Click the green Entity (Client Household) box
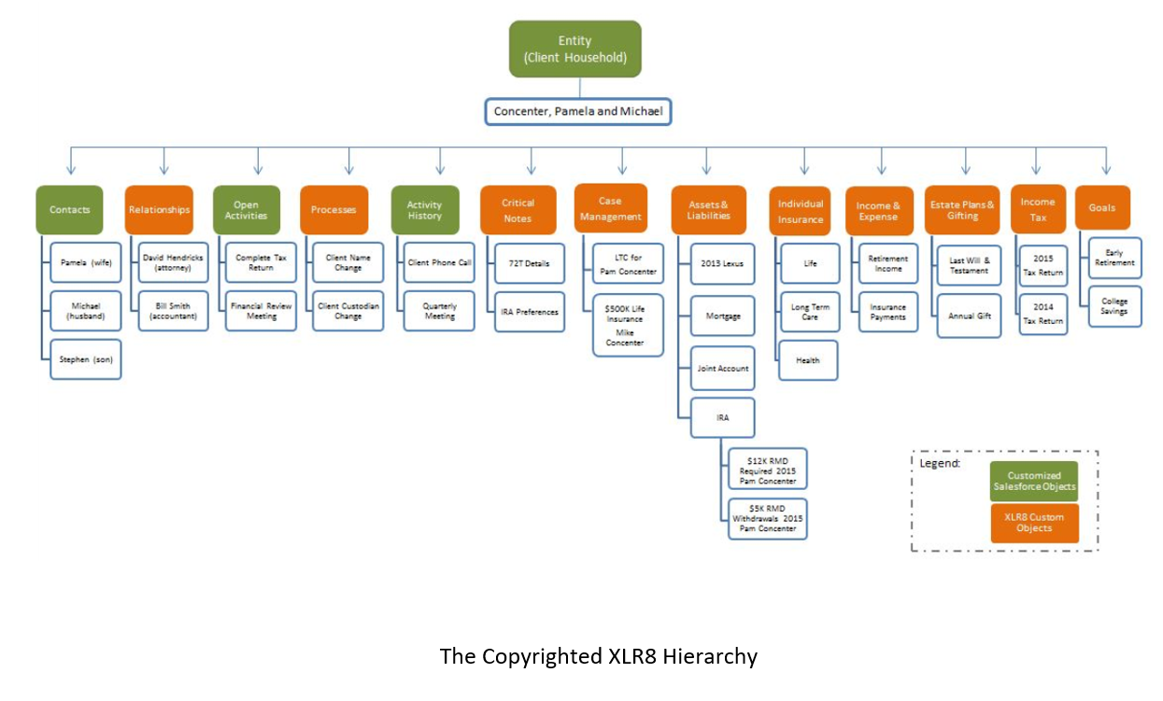tap(574, 49)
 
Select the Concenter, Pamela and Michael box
tap(579, 112)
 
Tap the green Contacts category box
tap(69, 210)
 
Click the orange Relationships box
tap(159, 210)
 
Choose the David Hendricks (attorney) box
tap(174, 263)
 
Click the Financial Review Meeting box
tap(262, 311)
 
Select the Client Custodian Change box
tap(348, 311)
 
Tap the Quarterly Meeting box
tap(439, 311)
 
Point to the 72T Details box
tap(529, 263)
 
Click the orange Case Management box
tap(609, 208)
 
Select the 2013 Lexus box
tap(721, 263)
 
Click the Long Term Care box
tap(809, 312)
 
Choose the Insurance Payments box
tap(887, 312)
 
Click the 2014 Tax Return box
tap(1042, 315)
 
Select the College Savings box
tap(1114, 306)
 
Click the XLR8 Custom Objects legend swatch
tap(1034, 523)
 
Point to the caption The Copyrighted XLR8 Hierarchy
tap(598, 656)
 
